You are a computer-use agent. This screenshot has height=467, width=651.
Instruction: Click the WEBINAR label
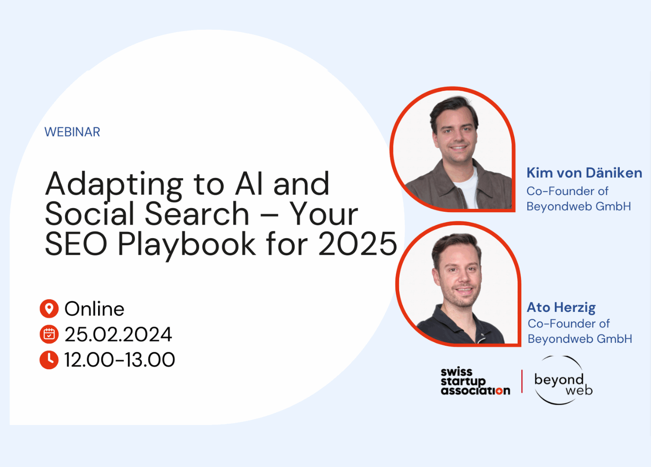tap(72, 132)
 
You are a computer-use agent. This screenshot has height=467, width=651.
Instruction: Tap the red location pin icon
tap(49, 309)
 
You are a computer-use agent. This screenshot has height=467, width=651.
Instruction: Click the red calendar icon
tap(49, 334)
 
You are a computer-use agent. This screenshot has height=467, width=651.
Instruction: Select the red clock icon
tap(49, 360)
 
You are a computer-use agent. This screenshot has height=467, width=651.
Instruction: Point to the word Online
tap(94, 309)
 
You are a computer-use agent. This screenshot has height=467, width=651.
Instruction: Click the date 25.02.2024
tap(118, 334)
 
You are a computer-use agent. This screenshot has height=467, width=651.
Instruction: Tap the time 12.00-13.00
tap(119, 360)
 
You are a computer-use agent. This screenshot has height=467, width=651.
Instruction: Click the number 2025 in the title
tap(358, 244)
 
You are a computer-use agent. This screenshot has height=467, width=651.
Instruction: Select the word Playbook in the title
tap(187, 246)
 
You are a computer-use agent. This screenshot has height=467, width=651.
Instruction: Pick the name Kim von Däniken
tap(584, 173)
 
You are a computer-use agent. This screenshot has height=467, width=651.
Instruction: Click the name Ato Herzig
tap(561, 308)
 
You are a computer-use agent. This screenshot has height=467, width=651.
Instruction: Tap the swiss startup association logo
tap(476, 381)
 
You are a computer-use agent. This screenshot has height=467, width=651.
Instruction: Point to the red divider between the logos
tap(522, 381)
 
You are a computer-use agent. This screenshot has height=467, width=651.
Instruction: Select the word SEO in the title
tap(76, 244)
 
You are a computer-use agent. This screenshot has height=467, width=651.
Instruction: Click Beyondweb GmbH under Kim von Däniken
tap(579, 206)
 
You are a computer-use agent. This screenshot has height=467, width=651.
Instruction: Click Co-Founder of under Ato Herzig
tap(569, 324)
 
